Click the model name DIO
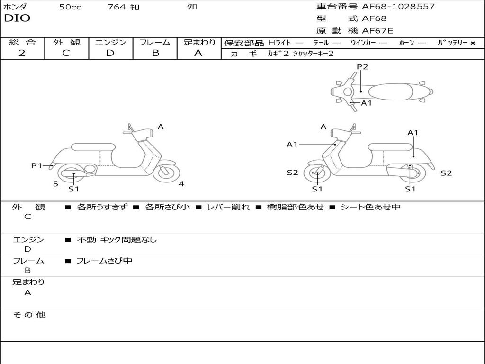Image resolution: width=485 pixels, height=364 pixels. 17,18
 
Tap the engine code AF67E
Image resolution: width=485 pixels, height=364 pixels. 377,31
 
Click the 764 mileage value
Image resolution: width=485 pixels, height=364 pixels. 116,7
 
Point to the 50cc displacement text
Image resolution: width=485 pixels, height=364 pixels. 70,7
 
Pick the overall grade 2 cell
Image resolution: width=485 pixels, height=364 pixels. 22,53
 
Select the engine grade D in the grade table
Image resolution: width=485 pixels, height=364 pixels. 110,53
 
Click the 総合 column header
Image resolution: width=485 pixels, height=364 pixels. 22,42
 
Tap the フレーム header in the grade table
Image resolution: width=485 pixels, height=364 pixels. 154,42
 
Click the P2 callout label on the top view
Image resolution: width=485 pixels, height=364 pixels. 362,67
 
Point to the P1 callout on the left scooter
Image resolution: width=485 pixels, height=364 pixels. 36,165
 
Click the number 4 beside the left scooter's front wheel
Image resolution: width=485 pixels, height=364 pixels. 181,184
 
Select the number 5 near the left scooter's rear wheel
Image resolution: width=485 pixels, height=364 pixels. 55,184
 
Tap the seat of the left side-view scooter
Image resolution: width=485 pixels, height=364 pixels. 93,147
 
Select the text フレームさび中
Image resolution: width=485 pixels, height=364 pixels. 104,261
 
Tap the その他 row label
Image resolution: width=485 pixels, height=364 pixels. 29,315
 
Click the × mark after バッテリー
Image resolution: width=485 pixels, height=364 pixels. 472,43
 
